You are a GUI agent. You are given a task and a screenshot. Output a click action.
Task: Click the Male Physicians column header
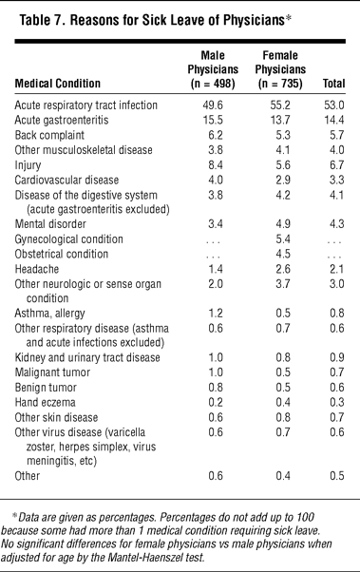coord(213,69)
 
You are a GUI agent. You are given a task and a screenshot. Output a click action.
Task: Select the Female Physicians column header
coord(280,69)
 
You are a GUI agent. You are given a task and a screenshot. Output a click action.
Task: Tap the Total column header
coord(333,84)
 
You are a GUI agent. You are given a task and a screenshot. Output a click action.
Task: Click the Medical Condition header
coord(57,84)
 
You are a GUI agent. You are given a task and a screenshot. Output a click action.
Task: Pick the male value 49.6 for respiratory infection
coord(213,105)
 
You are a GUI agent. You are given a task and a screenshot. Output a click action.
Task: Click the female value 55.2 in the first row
coord(280,105)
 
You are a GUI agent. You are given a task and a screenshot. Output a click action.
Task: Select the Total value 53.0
coord(334,105)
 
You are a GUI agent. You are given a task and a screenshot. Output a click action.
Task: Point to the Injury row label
coord(28,165)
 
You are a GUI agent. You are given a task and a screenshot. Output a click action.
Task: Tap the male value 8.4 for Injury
coord(216,165)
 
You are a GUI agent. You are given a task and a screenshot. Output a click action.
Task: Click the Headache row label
coord(36,269)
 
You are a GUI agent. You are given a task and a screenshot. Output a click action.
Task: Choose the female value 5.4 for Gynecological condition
coord(283,239)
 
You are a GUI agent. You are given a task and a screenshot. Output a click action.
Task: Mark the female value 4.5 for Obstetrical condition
coord(283,255)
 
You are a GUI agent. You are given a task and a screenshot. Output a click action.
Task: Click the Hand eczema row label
coord(45,402)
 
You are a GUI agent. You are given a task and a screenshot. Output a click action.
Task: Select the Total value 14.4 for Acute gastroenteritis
coord(334,121)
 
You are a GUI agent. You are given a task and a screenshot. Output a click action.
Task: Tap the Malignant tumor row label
coord(52,372)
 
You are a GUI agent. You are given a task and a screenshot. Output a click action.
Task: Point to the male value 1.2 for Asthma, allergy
coord(216,314)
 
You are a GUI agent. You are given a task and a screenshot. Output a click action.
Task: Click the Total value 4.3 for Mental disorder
coord(336,224)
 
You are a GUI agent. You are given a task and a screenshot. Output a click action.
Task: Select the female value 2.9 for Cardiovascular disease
coord(283,181)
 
